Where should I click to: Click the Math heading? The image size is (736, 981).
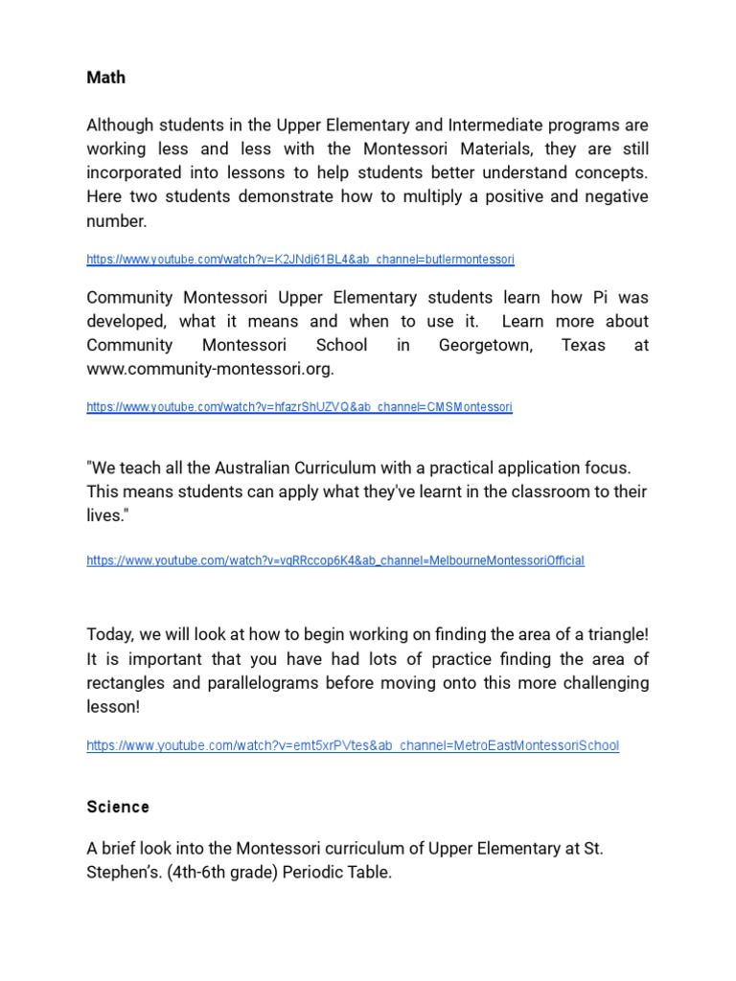coord(105,78)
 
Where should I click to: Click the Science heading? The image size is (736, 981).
coord(118,807)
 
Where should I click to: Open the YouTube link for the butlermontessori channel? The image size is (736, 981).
coord(300,260)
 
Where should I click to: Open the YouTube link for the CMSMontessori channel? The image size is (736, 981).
coord(299,407)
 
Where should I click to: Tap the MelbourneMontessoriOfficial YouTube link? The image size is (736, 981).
coord(334,560)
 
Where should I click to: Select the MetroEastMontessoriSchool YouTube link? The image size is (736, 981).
coord(352,745)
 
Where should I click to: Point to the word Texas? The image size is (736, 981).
coord(583,345)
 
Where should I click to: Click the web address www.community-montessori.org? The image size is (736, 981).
coord(209,369)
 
